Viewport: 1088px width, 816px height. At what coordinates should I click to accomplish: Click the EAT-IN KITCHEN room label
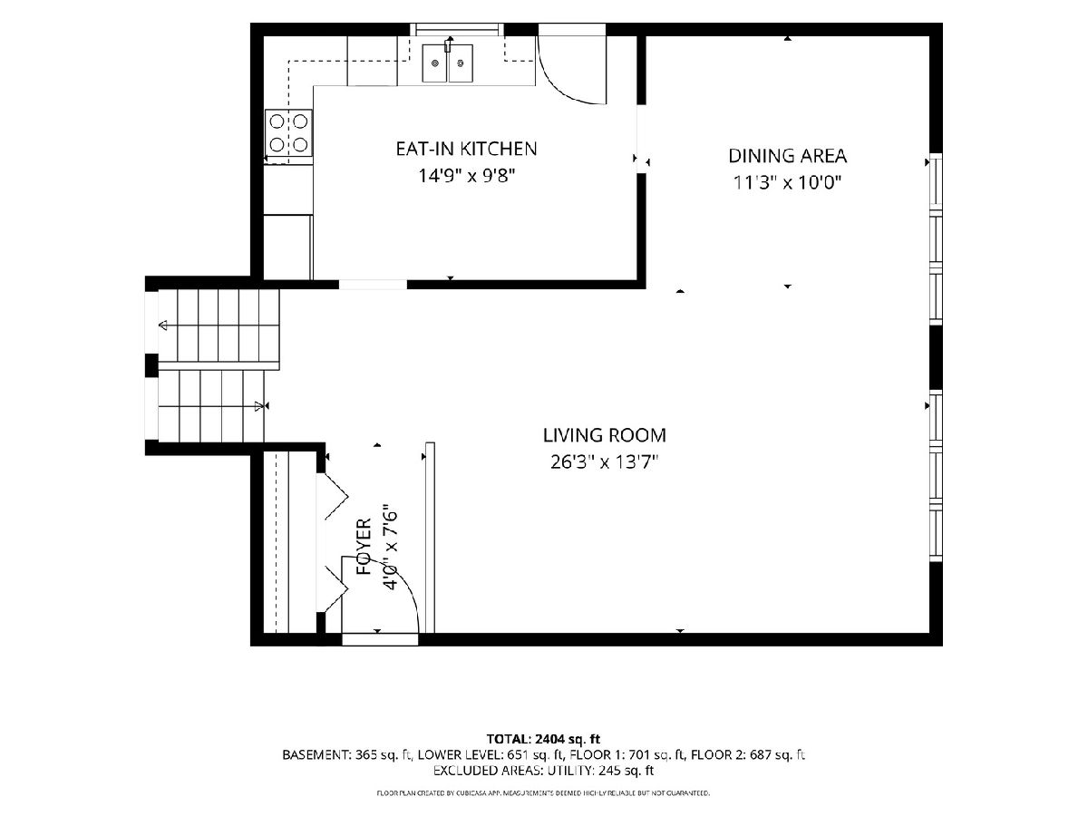tap(466, 149)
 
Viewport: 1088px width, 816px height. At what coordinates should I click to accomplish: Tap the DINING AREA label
tap(787, 156)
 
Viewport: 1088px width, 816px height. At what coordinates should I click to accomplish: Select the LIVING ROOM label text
tap(604, 435)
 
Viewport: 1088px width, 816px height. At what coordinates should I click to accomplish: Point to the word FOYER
tap(364, 546)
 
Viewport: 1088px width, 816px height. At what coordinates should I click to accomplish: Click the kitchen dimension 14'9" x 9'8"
tap(467, 176)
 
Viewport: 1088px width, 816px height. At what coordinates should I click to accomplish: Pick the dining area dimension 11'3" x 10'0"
tap(787, 183)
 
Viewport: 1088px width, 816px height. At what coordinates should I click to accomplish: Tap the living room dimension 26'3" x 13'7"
tap(604, 462)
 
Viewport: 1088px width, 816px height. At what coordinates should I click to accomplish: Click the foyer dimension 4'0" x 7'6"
tap(391, 547)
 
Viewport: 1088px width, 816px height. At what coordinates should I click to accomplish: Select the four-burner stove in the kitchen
tap(288, 133)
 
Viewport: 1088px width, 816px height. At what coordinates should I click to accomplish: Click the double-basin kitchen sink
tap(448, 63)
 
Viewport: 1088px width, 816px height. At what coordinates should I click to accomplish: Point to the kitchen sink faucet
tap(449, 44)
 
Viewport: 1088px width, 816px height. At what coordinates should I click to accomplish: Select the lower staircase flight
tap(211, 406)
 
